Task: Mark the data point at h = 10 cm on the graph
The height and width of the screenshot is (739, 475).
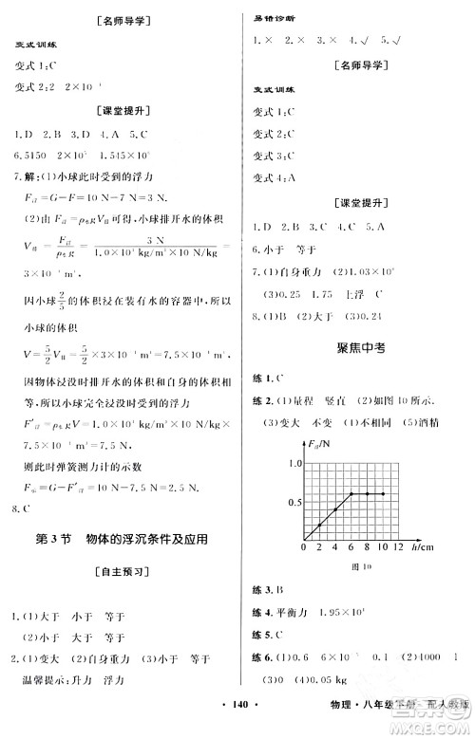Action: pyautogui.click(x=382, y=493)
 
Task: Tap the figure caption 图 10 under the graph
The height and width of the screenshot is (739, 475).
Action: pyautogui.click(x=358, y=568)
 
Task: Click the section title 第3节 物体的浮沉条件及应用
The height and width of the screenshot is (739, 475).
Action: pyautogui.click(x=121, y=539)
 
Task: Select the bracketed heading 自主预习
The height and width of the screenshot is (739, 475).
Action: pyautogui.click(x=121, y=573)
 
